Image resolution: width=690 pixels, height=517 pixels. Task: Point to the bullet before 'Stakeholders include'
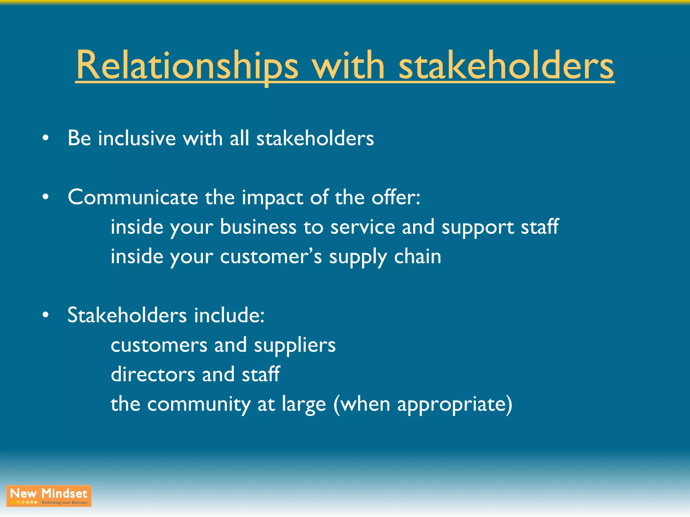click(46, 315)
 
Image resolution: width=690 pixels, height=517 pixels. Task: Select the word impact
click(272, 198)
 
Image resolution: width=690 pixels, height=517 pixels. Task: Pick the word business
click(258, 227)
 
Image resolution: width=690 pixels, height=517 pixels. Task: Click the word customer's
click(271, 256)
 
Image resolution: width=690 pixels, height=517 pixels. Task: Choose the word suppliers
click(295, 345)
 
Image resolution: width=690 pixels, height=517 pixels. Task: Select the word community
click(199, 404)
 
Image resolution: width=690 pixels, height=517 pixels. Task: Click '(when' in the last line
click(362, 404)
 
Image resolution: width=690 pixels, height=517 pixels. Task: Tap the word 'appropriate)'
click(454, 404)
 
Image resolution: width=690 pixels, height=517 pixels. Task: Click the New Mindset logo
click(49, 496)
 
